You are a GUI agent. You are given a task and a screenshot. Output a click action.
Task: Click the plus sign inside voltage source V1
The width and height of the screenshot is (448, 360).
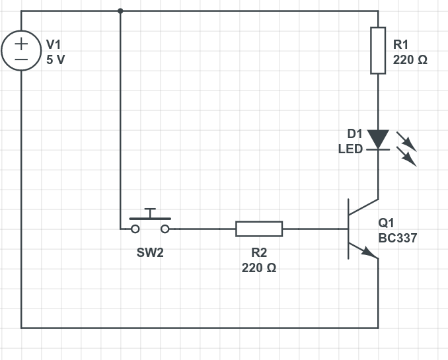click(x=21, y=44)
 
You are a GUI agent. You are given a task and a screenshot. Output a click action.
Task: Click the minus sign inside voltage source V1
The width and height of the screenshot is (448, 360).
click(x=21, y=59)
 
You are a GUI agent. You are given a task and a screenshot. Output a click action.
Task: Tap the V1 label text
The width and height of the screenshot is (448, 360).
click(x=53, y=44)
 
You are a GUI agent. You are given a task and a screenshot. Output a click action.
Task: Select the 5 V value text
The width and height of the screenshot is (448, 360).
click(x=56, y=59)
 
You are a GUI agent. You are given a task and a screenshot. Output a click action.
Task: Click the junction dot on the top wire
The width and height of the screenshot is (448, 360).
click(x=120, y=11)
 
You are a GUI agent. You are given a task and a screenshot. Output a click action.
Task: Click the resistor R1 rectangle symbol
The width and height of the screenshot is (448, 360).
click(x=378, y=50)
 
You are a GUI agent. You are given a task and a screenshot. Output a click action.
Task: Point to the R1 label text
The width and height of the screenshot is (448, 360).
click(x=402, y=45)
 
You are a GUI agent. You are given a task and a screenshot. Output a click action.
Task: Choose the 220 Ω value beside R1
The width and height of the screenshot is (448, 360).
click(x=410, y=59)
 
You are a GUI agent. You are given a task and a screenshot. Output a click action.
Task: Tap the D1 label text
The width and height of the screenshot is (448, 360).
click(x=355, y=134)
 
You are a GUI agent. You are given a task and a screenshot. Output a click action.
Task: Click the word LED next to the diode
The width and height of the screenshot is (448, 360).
click(x=350, y=149)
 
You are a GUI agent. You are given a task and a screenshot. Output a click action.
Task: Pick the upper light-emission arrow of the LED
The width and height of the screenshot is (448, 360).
click(x=406, y=141)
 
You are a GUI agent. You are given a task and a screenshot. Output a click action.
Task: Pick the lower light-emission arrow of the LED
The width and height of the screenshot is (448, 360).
click(x=406, y=157)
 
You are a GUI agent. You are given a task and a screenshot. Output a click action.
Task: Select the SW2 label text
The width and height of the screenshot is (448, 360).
click(x=150, y=253)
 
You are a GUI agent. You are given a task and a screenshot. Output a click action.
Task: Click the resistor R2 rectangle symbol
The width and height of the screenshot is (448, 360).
click(x=259, y=229)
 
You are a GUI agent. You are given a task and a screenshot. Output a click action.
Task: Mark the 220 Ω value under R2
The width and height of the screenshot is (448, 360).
click(x=259, y=268)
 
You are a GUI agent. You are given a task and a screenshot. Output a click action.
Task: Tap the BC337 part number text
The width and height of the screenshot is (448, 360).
click(x=398, y=238)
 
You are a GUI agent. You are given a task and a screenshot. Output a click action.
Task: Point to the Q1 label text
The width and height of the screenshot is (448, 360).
click(x=387, y=223)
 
